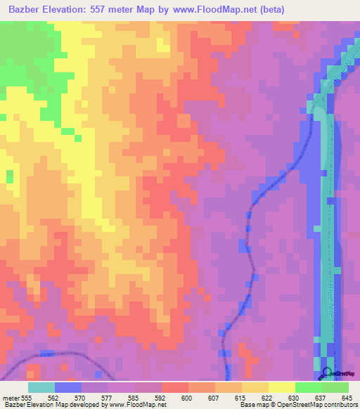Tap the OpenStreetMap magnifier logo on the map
327,373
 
